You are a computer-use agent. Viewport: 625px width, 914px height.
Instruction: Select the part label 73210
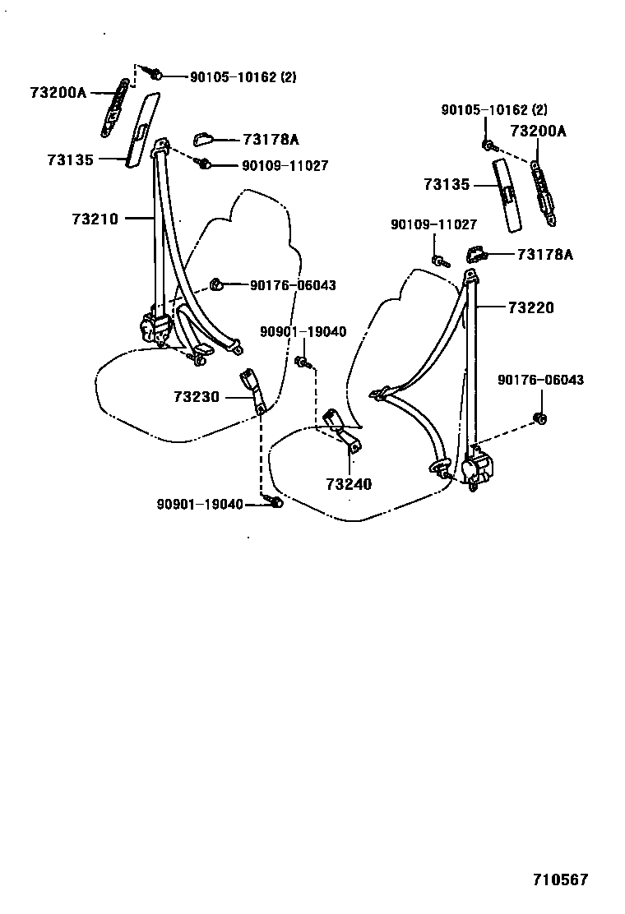pyautogui.click(x=95, y=219)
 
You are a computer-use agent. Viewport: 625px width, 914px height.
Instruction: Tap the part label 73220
pyautogui.click(x=530, y=307)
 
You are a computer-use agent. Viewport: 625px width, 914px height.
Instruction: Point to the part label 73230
pyautogui.click(x=197, y=396)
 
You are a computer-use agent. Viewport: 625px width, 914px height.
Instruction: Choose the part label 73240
pyautogui.click(x=349, y=484)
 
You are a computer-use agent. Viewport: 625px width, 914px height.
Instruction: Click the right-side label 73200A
pyautogui.click(x=538, y=131)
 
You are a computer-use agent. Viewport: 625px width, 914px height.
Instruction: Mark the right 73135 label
pyautogui.click(x=447, y=185)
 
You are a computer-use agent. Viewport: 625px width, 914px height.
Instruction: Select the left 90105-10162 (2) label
pyautogui.click(x=243, y=77)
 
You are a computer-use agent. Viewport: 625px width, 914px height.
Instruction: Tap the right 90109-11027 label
pyautogui.click(x=433, y=224)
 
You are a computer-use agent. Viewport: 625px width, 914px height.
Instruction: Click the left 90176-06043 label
pyautogui.click(x=293, y=285)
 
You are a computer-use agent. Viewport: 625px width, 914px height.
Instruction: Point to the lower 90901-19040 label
pyautogui.click(x=200, y=504)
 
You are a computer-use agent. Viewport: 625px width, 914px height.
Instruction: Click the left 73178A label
pyautogui.click(x=271, y=141)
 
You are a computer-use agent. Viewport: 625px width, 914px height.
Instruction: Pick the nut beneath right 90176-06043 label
pyautogui.click(x=541, y=418)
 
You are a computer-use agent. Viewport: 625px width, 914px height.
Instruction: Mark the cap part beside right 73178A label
pyautogui.click(x=476, y=254)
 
